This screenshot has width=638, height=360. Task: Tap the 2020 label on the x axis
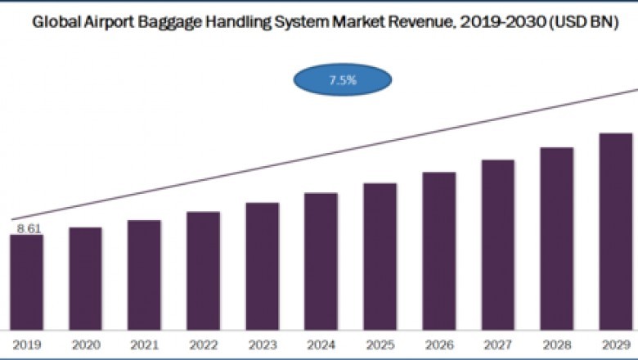tap(85, 345)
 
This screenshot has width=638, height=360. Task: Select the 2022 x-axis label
tap(203, 345)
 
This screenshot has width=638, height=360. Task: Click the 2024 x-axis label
tap(321, 345)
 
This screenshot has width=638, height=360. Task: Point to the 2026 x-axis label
tap(438, 345)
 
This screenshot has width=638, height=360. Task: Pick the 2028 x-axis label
tap(556, 345)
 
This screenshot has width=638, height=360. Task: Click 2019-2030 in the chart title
tap(506, 23)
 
